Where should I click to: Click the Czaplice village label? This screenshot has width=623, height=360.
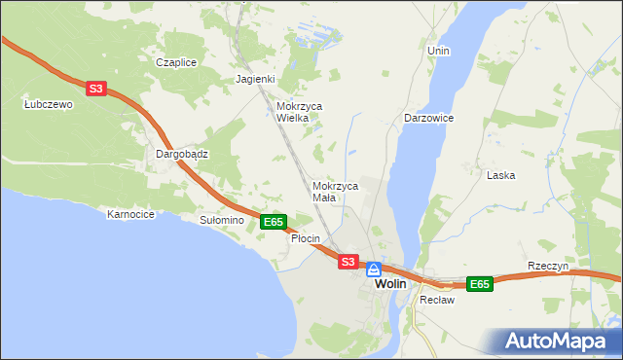pos(176,62)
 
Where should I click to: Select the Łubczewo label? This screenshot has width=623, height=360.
pos(49,104)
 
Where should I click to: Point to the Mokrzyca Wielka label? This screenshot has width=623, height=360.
pos(299,112)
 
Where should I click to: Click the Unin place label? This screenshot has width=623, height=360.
pos(438,50)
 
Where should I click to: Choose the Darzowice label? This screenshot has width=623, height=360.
pos(428,118)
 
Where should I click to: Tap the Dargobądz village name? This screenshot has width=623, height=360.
pos(183,154)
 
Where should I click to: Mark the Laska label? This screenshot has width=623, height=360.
pos(500,175)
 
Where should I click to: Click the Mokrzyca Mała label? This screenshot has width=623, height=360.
pos(336,191)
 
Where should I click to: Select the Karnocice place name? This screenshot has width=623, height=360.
pos(131,214)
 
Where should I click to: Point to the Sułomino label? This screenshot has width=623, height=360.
pos(221,221)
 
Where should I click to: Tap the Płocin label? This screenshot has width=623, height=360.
pos(306,238)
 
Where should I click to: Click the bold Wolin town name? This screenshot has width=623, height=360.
pos(390,283)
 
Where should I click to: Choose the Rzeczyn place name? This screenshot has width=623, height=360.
pos(547,266)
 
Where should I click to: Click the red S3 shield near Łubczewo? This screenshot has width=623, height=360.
pos(94,89)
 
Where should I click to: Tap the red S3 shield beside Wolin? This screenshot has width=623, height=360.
pos(348,261)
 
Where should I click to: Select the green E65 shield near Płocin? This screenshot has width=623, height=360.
pos(274,222)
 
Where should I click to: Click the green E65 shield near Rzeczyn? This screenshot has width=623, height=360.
pos(478,284)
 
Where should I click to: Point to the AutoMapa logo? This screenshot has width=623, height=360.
pos(554,342)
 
